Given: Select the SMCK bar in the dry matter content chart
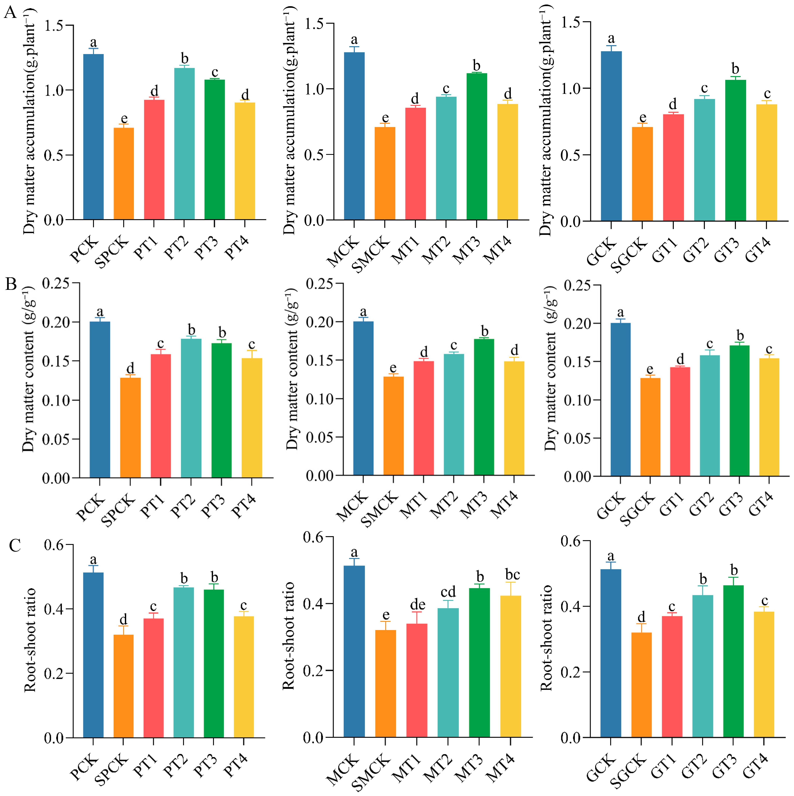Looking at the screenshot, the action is [x=393, y=426].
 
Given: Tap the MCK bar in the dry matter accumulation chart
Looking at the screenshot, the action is [x=354, y=136].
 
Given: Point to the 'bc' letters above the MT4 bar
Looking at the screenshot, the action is [x=512, y=574].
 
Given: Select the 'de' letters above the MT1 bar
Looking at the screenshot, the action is [x=418, y=604].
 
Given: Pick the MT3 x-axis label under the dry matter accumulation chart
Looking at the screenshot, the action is [x=467, y=250].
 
